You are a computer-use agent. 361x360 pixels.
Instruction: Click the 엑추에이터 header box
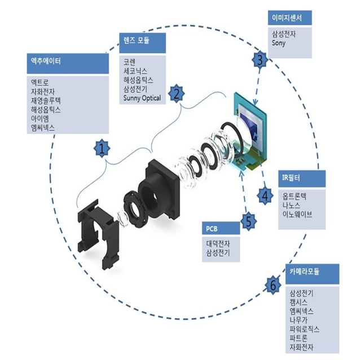point(68,63)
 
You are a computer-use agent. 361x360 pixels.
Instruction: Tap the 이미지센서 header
point(289,17)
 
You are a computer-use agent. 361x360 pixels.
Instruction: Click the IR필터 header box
point(302,178)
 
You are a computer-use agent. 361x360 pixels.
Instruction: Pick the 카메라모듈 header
point(313,272)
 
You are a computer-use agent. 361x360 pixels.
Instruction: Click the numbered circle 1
point(100,149)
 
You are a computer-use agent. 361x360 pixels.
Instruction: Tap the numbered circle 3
point(260,59)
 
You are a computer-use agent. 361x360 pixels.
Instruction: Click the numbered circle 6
point(273,285)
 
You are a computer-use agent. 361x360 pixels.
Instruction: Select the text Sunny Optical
point(142,98)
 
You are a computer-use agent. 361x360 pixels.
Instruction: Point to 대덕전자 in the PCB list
point(218,243)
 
